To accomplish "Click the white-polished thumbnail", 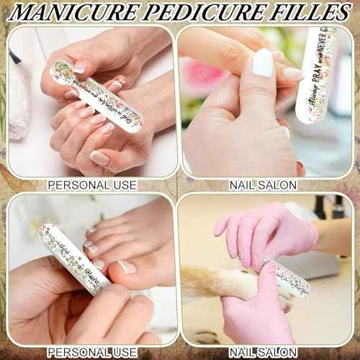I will click(x=264, y=63).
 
